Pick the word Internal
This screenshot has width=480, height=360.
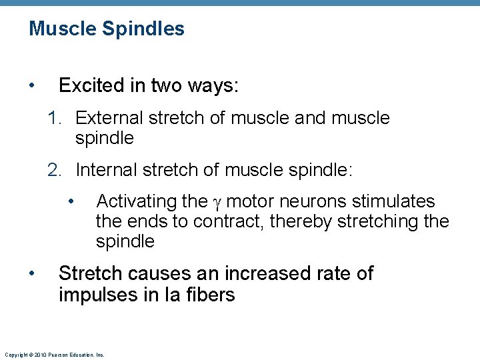[x=106, y=171]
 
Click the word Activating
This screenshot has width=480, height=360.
[x=136, y=201]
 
